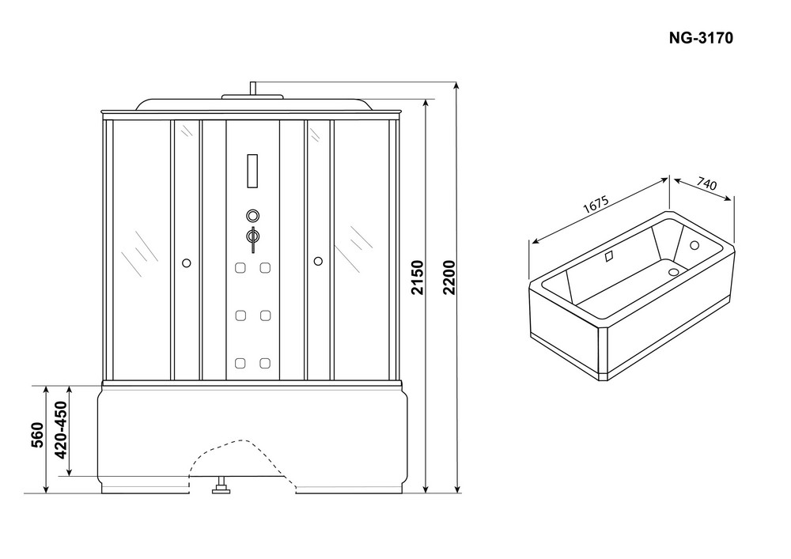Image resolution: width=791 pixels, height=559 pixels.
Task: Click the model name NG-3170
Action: tap(701, 38)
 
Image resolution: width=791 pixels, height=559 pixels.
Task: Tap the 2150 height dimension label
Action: tap(417, 278)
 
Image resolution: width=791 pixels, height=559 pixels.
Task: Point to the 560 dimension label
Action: tap(38, 435)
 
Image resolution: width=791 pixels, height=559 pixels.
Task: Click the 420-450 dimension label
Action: tap(61, 430)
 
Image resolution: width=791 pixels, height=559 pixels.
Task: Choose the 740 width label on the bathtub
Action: tap(706, 183)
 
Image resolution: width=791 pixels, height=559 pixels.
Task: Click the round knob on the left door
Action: tap(187, 263)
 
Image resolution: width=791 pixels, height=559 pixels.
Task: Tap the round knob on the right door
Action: tap(318, 261)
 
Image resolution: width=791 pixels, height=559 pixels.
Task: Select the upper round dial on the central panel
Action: tap(253, 216)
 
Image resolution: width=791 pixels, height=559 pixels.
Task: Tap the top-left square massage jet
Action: tap(240, 268)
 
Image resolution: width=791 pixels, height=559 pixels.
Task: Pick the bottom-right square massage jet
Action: tap(265, 363)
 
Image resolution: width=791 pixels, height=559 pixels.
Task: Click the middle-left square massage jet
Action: tap(240, 315)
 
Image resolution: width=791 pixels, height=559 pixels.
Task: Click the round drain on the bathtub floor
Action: tap(674, 272)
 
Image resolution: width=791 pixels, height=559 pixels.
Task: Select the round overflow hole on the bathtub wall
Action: tap(694, 245)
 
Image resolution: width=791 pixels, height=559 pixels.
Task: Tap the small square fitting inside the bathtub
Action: tap(609, 256)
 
